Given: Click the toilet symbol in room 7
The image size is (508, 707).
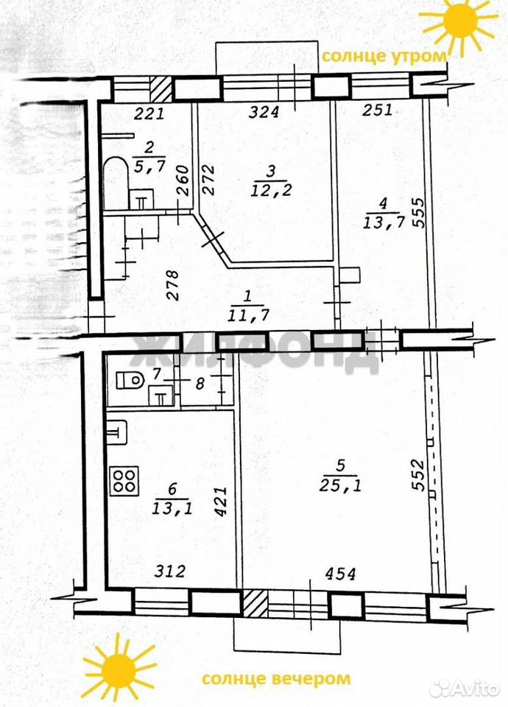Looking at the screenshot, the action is point(130,380).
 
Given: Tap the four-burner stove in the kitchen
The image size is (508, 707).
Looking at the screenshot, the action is point(124,482).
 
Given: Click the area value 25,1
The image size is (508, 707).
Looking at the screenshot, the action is point(340,485).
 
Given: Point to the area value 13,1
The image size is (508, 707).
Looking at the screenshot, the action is point(172,508).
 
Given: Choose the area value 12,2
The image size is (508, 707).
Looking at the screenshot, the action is point(271,189).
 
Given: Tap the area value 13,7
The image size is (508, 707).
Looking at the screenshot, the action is point(384,222).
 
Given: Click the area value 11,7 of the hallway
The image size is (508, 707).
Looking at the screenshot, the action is point(248,314).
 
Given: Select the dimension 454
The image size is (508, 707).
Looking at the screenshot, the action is point(340,574).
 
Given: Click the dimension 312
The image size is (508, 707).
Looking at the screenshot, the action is point(169,571).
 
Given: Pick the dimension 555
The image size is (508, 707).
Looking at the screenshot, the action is point(418,213).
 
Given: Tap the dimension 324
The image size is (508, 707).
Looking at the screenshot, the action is point(264,111).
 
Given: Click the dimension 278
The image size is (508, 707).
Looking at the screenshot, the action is point(172,285).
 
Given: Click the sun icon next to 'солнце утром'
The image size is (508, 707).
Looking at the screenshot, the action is point(459,24).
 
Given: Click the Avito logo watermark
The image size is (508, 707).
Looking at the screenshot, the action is point(465,689).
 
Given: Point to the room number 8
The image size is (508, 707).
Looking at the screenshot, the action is point(200,383).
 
